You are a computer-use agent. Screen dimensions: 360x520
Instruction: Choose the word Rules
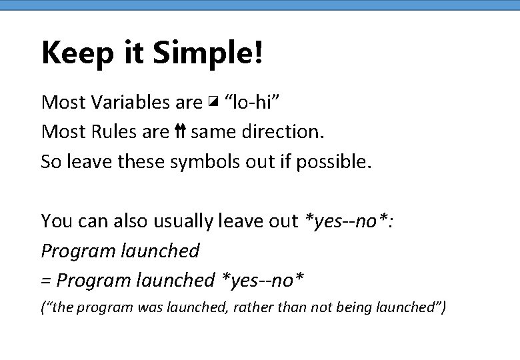point(109,131)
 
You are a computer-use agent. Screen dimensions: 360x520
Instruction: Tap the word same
point(211,132)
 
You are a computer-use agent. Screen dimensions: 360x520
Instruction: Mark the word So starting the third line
point(51,161)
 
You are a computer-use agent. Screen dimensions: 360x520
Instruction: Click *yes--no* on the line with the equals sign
point(263,280)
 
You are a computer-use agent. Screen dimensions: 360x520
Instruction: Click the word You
point(55,221)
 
